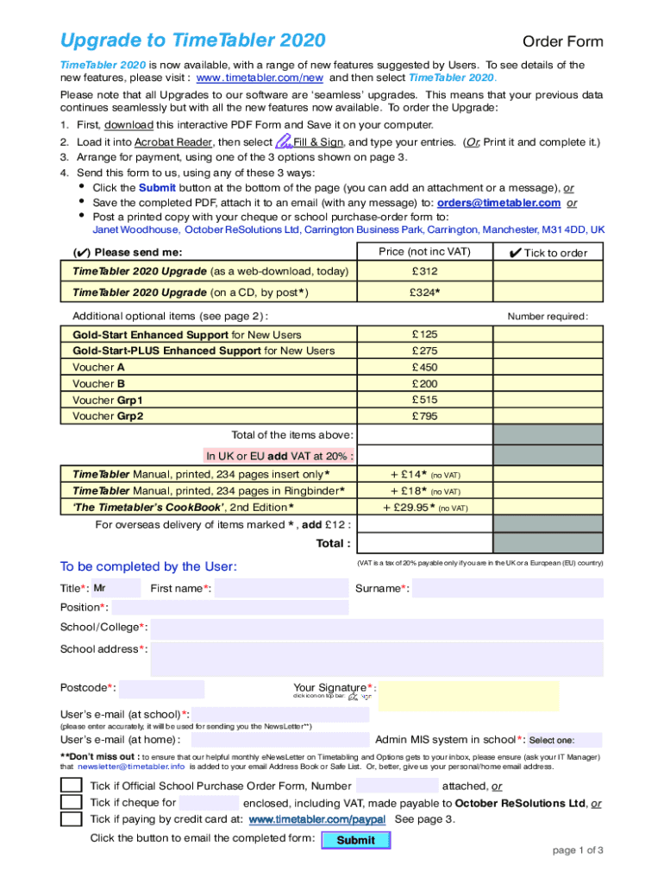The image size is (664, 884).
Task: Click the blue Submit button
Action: click(355, 840)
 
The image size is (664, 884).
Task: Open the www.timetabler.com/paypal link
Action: click(316, 819)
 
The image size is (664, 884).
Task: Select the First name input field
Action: click(280, 589)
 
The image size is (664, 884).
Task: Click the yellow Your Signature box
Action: click(468, 695)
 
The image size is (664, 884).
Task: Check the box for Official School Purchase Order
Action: click(72, 786)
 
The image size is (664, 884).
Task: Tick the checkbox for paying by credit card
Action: click(72, 818)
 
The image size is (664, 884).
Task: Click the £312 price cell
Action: click(424, 271)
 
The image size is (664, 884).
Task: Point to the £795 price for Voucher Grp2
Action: click(424, 416)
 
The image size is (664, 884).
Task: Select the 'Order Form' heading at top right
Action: click(563, 42)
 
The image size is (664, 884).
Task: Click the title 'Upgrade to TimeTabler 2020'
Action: click(193, 41)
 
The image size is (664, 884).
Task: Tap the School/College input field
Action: click(376, 628)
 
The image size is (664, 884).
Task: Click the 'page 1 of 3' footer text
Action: click(577, 850)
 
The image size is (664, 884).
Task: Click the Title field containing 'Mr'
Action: click(115, 589)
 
